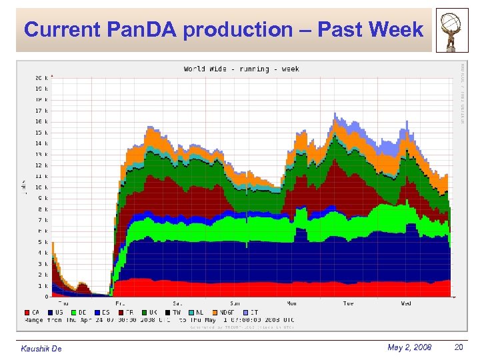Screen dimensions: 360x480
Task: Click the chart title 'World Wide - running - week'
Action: point(241,69)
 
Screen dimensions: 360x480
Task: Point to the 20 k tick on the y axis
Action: point(41,78)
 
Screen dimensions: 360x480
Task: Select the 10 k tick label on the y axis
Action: point(41,187)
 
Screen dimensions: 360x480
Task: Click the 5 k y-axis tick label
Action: point(43,242)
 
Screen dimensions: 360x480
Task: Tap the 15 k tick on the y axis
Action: point(41,133)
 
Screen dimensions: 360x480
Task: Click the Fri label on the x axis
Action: point(121,303)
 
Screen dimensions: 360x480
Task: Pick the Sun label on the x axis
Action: point(235,303)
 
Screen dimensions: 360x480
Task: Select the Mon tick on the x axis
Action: point(292,303)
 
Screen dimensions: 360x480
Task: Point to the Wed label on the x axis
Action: point(405,303)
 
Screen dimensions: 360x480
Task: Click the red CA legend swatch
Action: point(27,312)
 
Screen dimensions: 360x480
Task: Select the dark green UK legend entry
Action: point(147,312)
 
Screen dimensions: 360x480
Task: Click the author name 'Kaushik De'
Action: point(41,349)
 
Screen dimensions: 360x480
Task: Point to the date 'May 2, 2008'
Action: point(409,347)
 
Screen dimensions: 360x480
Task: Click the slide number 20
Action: point(459,347)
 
